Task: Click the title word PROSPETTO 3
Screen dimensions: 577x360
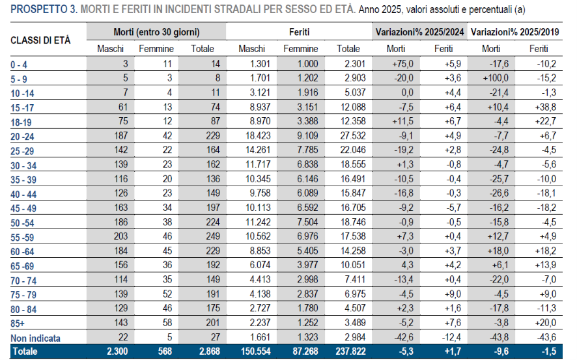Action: pyautogui.click(x=44, y=9)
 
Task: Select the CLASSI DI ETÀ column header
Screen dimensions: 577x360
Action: pyautogui.click(x=40, y=40)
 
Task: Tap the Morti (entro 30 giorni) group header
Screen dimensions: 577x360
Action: pyautogui.click(x=156, y=33)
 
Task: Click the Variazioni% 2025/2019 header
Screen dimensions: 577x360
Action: pyautogui.click(x=515, y=33)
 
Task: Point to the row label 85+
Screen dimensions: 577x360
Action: pyautogui.click(x=18, y=324)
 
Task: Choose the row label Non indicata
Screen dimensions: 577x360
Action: pyautogui.click(x=35, y=338)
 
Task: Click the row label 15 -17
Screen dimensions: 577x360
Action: pyautogui.click(x=22, y=108)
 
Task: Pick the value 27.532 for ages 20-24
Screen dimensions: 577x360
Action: pyautogui.click(x=353, y=135)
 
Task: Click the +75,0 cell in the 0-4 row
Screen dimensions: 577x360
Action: pyautogui.click(x=403, y=64)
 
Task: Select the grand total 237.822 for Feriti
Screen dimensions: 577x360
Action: pyautogui.click(x=350, y=351)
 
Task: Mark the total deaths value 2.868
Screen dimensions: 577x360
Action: pyautogui.click(x=210, y=351)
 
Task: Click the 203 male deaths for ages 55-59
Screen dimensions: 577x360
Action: pyautogui.click(x=120, y=236)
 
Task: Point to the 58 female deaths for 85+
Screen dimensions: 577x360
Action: pyautogui.click(x=167, y=322)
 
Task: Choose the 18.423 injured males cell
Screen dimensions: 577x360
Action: pyautogui.click(x=258, y=135)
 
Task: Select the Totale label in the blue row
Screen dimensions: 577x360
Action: pyautogui.click(x=25, y=352)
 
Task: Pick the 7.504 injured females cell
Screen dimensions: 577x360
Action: pyautogui.click(x=307, y=222)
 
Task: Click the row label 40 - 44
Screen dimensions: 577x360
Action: pyautogui.click(x=23, y=195)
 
